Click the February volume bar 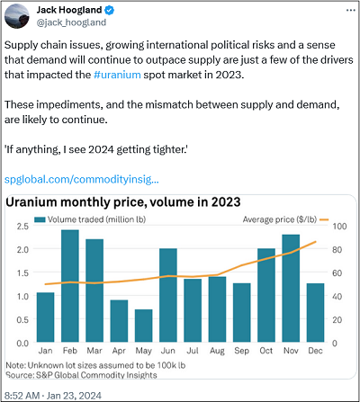(70, 286)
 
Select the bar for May (144, 326)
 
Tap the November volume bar (291, 289)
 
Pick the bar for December (315, 313)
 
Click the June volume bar (168, 295)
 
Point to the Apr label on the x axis (119, 351)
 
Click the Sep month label (241, 351)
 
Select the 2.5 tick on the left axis (22, 226)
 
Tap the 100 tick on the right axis (339, 226)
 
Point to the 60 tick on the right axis (337, 272)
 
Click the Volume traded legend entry (90, 219)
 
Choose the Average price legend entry (285, 219)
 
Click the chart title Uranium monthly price (123, 202)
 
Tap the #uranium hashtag (117, 75)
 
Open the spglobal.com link (82, 179)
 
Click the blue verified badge (109, 10)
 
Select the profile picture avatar (17, 16)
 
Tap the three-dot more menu (350, 11)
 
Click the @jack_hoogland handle (71, 22)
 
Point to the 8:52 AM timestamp (22, 396)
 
